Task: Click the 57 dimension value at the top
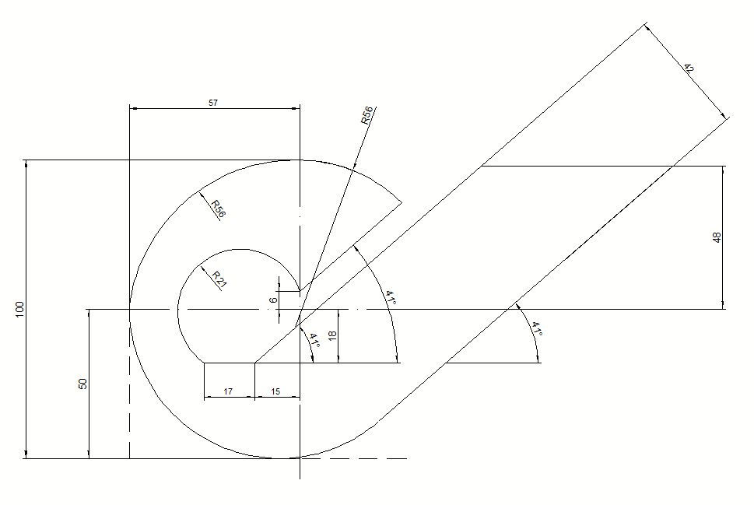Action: pyautogui.click(x=213, y=103)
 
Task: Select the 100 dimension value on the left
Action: pyautogui.click(x=19, y=309)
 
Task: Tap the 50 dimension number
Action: pyautogui.click(x=82, y=384)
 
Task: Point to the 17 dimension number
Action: pyautogui.click(x=229, y=391)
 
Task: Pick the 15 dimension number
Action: pyautogui.click(x=275, y=391)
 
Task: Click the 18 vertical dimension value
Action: pyautogui.click(x=331, y=335)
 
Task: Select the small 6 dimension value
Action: pyautogui.click(x=274, y=300)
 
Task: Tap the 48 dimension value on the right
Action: pyautogui.click(x=717, y=237)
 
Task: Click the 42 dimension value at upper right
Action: pyautogui.click(x=689, y=68)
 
